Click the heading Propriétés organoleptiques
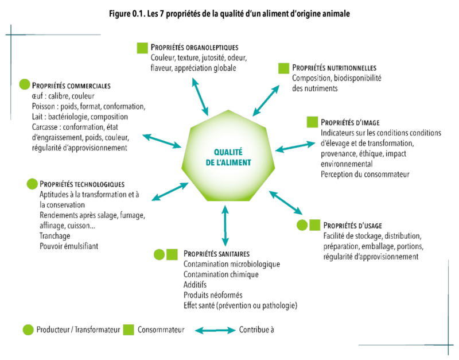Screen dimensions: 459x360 tap(195, 48)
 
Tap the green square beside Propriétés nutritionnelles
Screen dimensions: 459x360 tap(283, 68)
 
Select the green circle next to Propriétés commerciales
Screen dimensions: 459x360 tap(25, 84)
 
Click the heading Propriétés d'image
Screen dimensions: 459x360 tap(350, 122)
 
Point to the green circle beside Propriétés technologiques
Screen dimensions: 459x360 tap(32, 184)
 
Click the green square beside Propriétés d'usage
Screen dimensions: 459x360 tap(314, 225)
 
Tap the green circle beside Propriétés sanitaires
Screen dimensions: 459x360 tap(160, 254)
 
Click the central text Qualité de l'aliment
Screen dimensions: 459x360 tap(228, 157)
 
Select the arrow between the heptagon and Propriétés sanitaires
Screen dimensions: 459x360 tap(225, 226)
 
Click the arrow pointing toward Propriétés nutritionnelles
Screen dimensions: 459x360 tap(266, 100)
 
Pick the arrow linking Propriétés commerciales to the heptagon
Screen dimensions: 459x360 tap(162, 141)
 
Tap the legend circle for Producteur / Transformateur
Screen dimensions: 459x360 tap(28, 330)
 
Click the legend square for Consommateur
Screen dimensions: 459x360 tap(129, 330)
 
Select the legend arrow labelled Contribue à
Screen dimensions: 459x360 tap(215, 330)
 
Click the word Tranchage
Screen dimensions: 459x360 tap(55, 236)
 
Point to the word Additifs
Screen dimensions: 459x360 tap(195, 285)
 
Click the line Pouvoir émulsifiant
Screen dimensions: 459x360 tap(69, 246)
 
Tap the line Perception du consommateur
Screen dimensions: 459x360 tap(365, 175)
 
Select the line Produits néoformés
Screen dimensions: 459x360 tap(213, 295)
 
